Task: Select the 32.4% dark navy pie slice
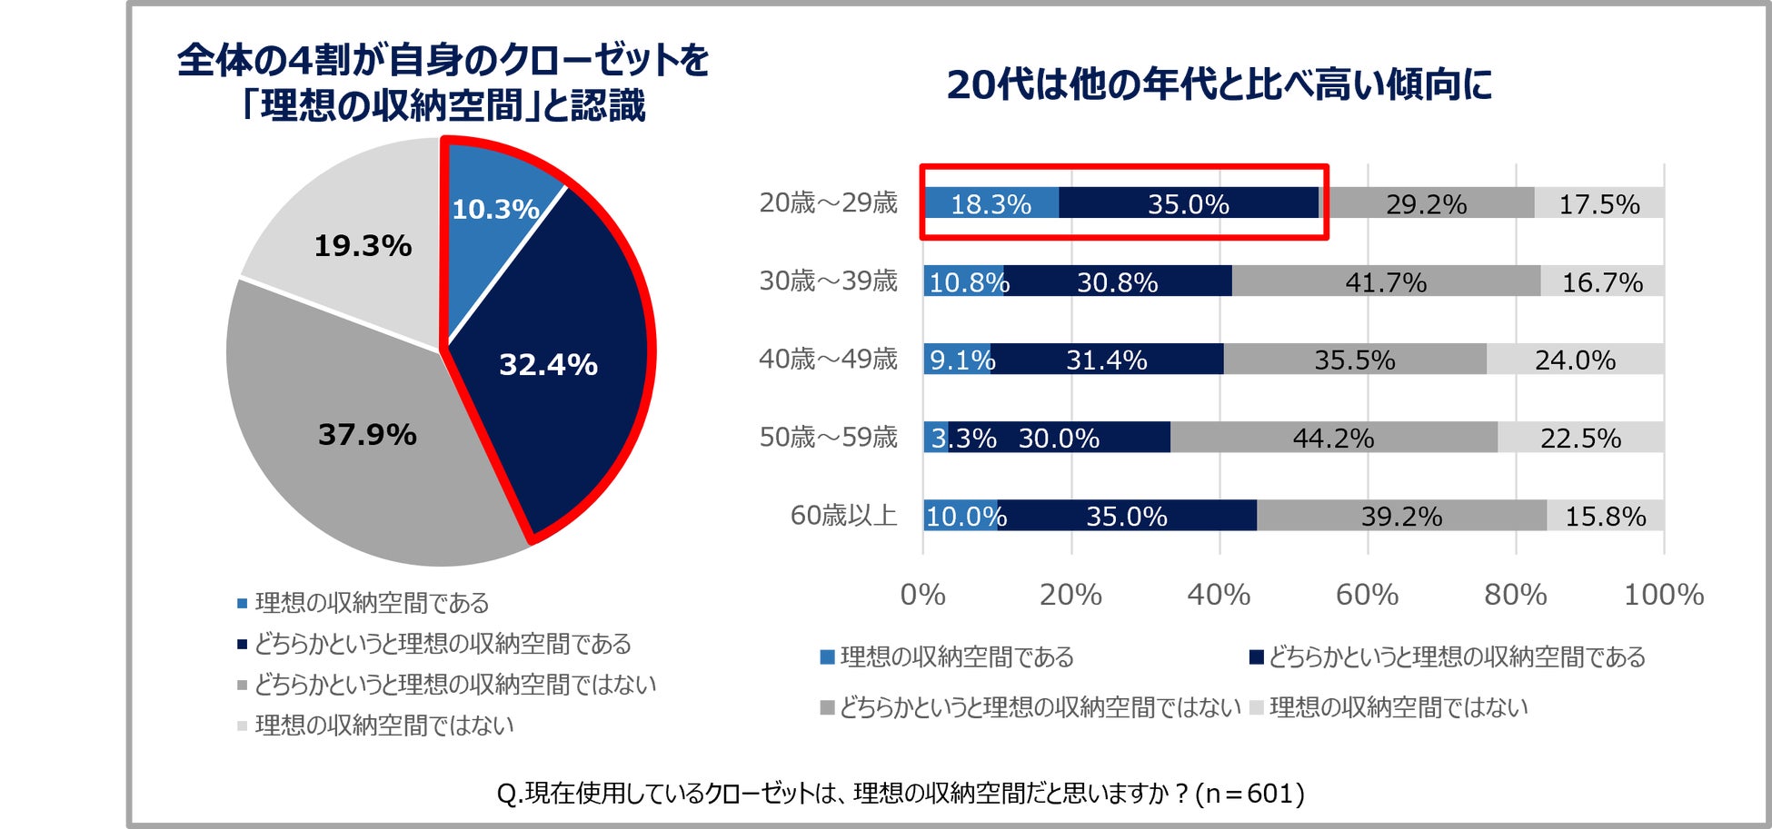coord(548,363)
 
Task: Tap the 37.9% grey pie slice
coord(367,434)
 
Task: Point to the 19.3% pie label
coord(363,245)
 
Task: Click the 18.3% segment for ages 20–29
coord(991,203)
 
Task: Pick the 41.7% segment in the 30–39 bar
coord(1386,281)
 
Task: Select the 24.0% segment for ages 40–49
coord(1575,360)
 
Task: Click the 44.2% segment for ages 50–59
coord(1333,438)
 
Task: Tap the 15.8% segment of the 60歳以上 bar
coord(1605,516)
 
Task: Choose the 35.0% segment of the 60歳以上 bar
coord(1127,516)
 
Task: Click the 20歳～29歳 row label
coord(828,202)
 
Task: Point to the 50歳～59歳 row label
coord(828,437)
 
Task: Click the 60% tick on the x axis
coord(1367,595)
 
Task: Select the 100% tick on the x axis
coord(1663,595)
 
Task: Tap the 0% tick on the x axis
coord(922,595)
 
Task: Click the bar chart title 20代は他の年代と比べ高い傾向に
coord(1219,84)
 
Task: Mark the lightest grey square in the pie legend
coord(242,725)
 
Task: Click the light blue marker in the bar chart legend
coord(827,656)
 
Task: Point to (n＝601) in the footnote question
coord(1249,794)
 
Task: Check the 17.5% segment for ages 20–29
coord(1598,203)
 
